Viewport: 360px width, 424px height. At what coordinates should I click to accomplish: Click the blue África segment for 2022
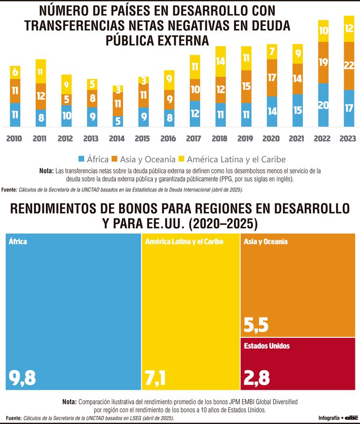pyautogui.click(x=323, y=105)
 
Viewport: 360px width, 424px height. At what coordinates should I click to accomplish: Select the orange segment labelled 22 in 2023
pyautogui.click(x=349, y=66)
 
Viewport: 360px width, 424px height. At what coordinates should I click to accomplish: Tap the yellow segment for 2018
pyautogui.click(x=221, y=61)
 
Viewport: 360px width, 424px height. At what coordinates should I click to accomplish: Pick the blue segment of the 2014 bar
pyautogui.click(x=118, y=121)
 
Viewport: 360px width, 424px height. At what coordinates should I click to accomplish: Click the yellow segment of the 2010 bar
pyautogui.click(x=15, y=73)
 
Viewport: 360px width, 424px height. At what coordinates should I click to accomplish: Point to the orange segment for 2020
pyautogui.click(x=272, y=78)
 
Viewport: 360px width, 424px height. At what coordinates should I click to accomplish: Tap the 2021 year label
pyautogui.click(x=297, y=139)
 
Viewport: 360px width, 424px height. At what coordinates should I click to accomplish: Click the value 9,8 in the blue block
pyautogui.click(x=22, y=377)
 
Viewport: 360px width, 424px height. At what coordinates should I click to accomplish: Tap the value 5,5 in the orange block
pyautogui.click(x=256, y=324)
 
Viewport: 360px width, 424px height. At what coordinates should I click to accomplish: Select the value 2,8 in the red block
pyautogui.click(x=257, y=377)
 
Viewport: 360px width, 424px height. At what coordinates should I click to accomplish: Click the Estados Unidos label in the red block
pyautogui.click(x=266, y=346)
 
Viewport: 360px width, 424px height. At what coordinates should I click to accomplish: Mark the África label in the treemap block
pyautogui.click(x=18, y=241)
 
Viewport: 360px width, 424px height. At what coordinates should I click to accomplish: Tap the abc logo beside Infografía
pyautogui.click(x=351, y=417)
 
